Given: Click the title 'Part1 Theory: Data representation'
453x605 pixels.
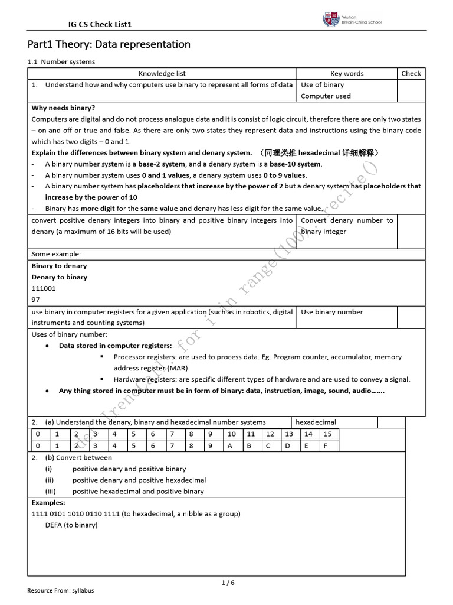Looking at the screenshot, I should [109, 44].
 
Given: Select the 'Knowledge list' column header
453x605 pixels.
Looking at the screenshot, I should [162, 74].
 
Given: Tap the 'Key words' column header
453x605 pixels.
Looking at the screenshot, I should [347, 74].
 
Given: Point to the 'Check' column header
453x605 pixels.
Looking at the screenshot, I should [411, 74].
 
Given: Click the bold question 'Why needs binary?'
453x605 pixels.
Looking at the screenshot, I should [63, 108].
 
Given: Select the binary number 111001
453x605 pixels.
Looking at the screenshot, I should [44, 288].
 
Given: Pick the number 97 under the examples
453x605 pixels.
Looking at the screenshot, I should [35, 300].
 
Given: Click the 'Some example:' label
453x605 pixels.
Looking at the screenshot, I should [56, 254].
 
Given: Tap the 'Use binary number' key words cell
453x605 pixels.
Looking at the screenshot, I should [332, 312].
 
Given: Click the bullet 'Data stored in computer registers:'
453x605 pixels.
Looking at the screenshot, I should [115, 346].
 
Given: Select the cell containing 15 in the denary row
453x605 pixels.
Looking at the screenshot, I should [327, 434].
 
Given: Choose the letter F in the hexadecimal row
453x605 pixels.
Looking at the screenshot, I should [325, 446].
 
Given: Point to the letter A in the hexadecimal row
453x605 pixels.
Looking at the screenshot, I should [230, 446].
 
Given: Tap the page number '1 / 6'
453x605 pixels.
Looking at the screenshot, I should [228, 583].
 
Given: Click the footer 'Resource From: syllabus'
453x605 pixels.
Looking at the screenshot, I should [61, 590].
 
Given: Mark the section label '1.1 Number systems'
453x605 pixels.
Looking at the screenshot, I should [61, 61].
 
